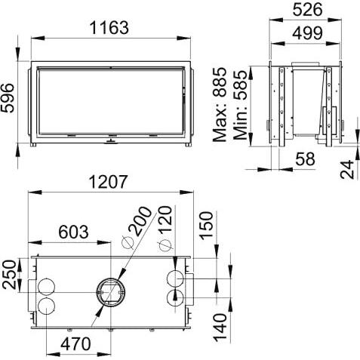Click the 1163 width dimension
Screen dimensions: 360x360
(x=109, y=27)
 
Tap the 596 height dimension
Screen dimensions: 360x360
(x=7, y=98)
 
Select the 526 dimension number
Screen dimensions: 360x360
(x=308, y=10)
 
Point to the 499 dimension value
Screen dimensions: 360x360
(x=307, y=32)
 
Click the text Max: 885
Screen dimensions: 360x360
(x=220, y=104)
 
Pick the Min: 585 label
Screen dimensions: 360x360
(x=240, y=105)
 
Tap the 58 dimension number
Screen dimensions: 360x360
(x=305, y=158)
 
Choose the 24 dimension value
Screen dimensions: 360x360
(x=347, y=169)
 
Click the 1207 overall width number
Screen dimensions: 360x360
(x=109, y=182)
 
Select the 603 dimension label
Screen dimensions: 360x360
(x=73, y=232)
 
